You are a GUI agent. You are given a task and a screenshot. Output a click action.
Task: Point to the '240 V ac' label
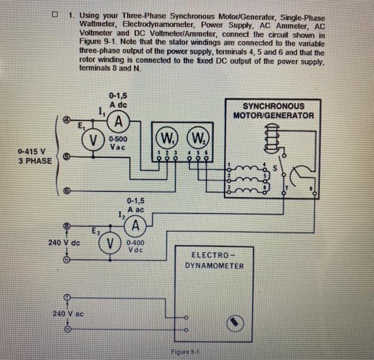[68, 313]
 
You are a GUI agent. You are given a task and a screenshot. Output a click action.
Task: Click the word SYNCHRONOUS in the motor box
[274, 106]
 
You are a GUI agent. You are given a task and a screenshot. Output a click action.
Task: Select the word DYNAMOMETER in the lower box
[214, 265]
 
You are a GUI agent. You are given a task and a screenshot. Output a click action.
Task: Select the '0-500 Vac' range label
[118, 142]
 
